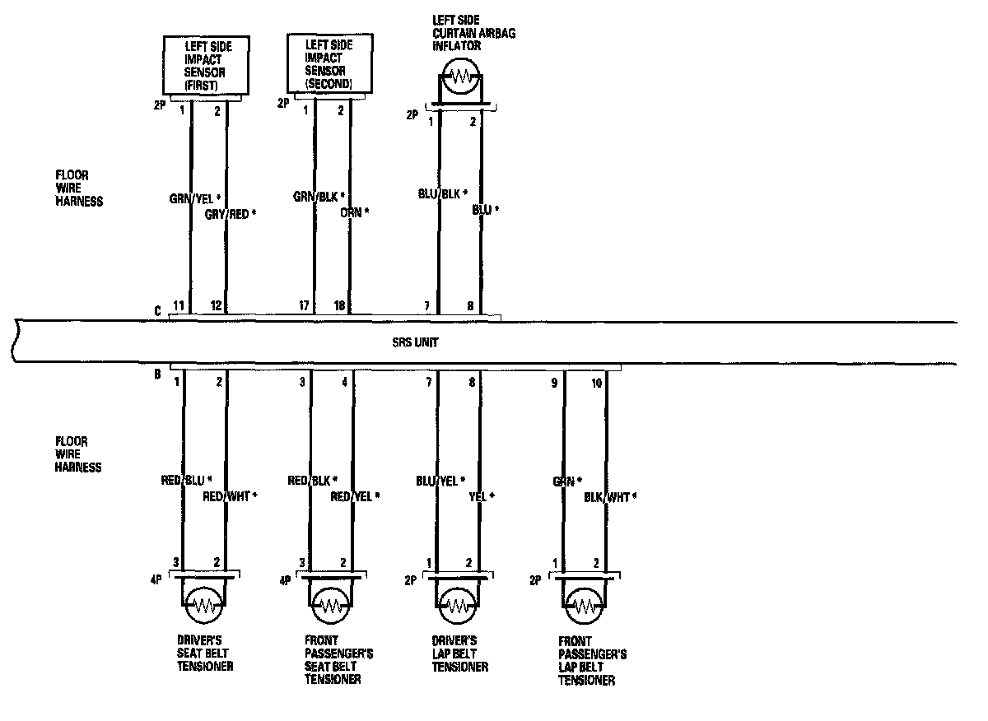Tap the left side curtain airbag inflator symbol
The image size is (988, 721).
[x=459, y=80]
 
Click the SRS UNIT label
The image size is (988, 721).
[x=416, y=342]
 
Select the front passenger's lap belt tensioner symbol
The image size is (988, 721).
[x=585, y=607]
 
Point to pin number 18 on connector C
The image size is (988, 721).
[x=340, y=306]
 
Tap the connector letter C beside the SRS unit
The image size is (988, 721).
[x=156, y=311]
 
